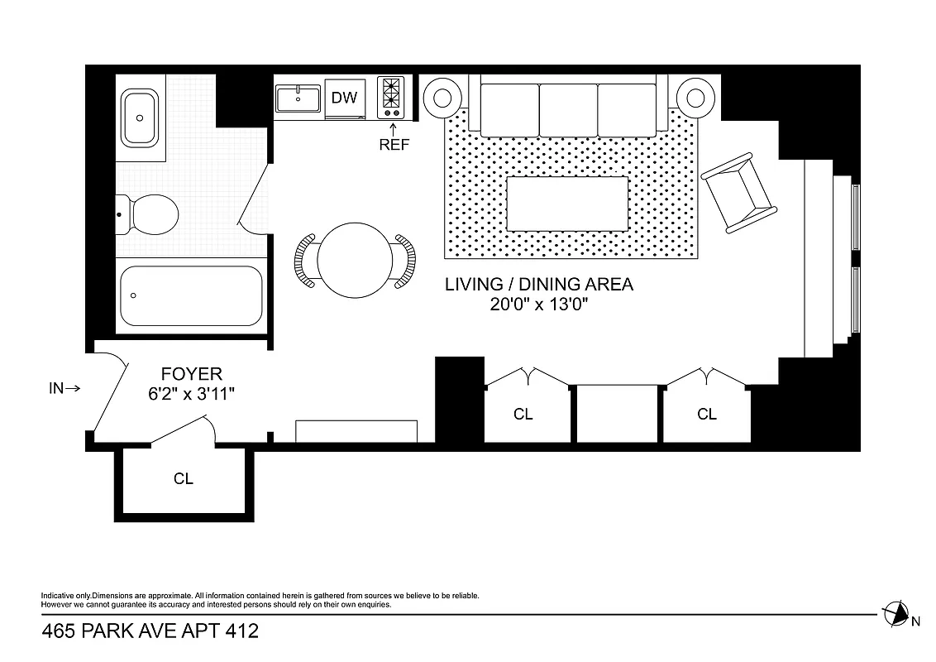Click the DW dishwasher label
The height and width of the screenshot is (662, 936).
tap(344, 98)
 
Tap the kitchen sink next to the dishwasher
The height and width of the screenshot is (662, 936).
tap(298, 98)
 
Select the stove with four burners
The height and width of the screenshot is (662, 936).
tap(390, 98)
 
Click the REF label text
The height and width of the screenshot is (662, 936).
tap(394, 144)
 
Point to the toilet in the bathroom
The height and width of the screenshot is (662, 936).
tap(149, 215)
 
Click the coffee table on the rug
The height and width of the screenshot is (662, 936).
tap(567, 204)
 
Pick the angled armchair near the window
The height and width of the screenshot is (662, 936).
tap(738, 192)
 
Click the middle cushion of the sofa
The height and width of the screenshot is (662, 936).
tap(567, 108)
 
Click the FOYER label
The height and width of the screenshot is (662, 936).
tap(191, 375)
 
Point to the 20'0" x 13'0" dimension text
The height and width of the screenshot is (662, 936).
tap(539, 304)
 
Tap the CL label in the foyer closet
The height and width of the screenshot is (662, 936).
tap(184, 478)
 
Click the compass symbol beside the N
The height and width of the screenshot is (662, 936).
tap(895, 613)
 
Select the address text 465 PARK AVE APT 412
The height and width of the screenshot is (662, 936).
tap(150, 632)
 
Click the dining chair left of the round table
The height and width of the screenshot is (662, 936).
tap(305, 261)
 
